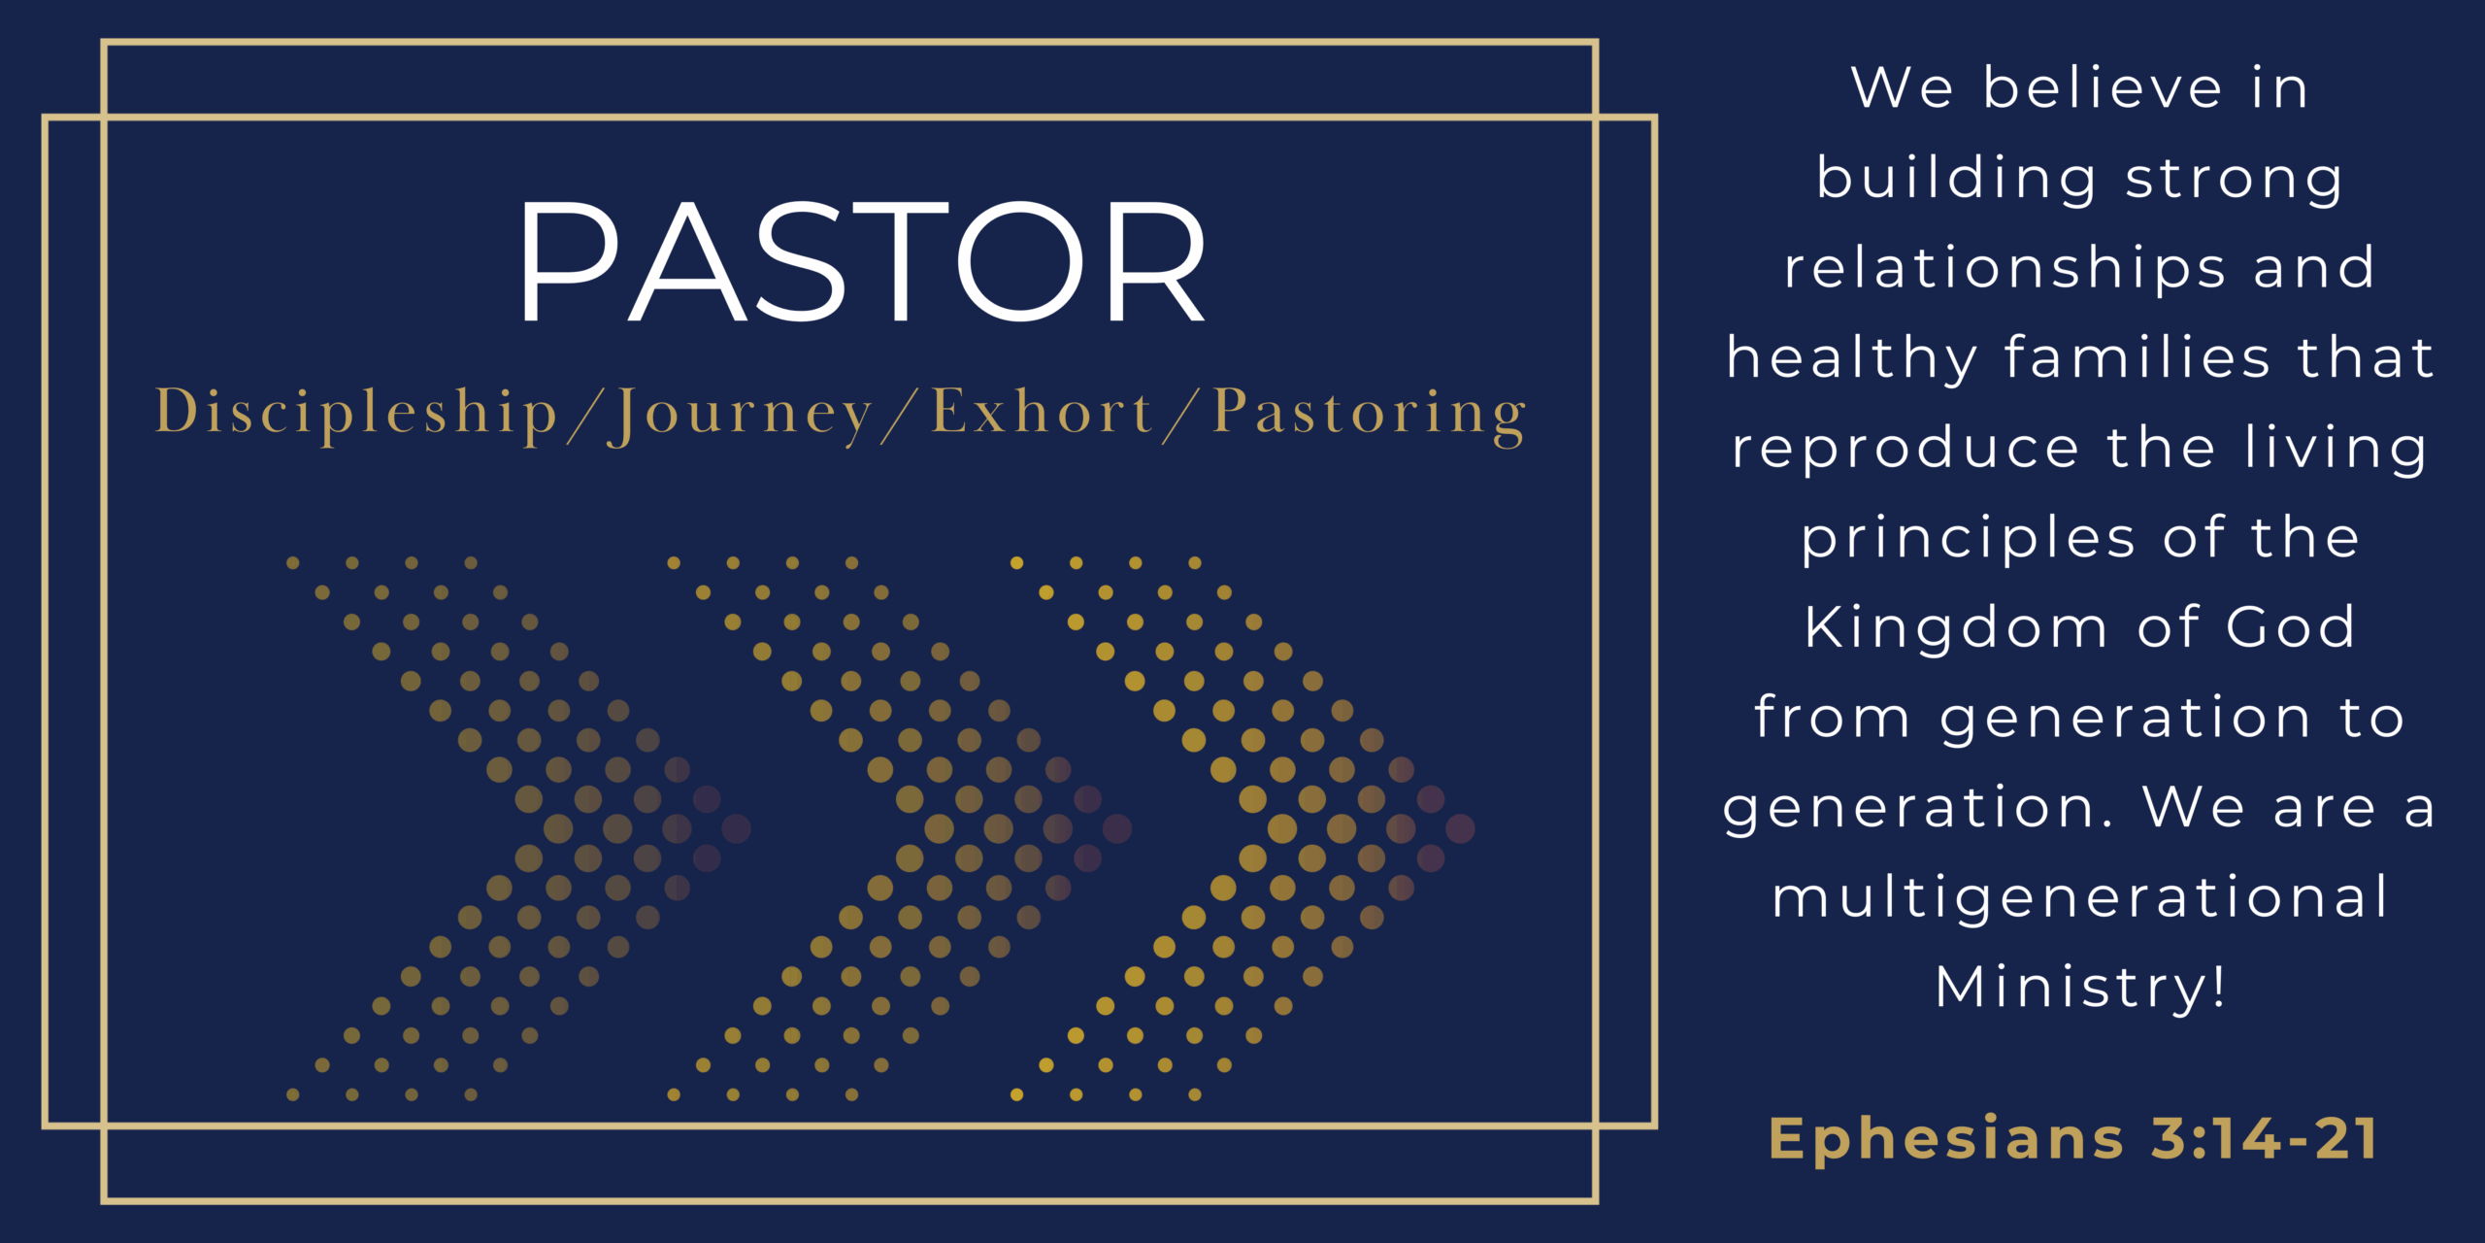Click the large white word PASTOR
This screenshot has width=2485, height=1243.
(x=862, y=261)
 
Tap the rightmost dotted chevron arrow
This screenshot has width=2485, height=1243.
(x=1242, y=828)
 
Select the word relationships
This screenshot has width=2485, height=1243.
(x=2005, y=268)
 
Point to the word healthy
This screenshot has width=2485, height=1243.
(x=1852, y=358)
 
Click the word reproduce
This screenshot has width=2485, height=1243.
(x=1905, y=449)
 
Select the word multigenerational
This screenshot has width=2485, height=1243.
(x=2079, y=899)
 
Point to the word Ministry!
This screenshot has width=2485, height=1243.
(x=2080, y=988)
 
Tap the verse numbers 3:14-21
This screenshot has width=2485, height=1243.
(x=2264, y=1138)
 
